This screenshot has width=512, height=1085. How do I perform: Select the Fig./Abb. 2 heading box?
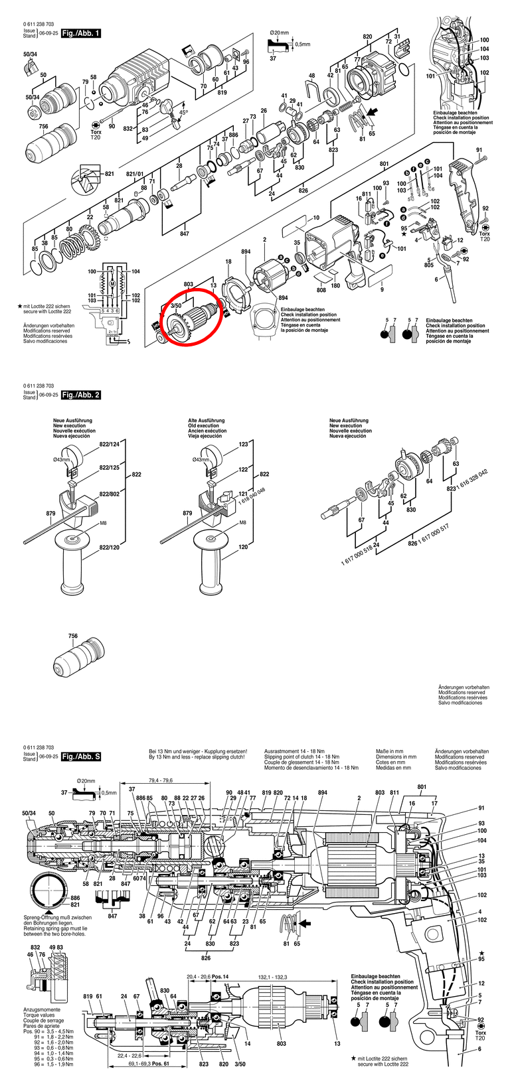coord(80,395)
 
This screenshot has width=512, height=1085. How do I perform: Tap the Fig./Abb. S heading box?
coord(80,756)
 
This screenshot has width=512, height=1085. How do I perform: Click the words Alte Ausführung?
coord(206,421)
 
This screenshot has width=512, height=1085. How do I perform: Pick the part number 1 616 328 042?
coord(472,480)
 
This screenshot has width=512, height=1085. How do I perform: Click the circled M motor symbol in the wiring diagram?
coord(112,284)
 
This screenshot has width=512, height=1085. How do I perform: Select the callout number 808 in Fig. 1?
coord(321,290)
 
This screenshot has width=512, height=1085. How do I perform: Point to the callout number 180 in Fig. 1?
coord(335,286)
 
